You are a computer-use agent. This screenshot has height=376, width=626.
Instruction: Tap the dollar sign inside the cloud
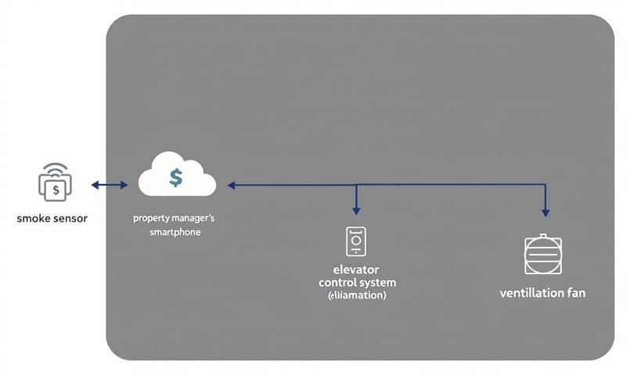(176, 178)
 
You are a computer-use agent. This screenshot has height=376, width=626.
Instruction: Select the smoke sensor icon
(55, 185)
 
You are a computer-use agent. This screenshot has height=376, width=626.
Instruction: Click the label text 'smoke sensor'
(52, 219)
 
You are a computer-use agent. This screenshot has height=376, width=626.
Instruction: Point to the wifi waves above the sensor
(56, 168)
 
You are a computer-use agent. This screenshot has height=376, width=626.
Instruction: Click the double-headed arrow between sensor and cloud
(110, 185)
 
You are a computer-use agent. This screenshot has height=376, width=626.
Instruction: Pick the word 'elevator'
(357, 269)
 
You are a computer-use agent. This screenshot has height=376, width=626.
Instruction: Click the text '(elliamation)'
(357, 296)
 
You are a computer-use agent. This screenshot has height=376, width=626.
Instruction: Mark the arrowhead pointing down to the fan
(545, 211)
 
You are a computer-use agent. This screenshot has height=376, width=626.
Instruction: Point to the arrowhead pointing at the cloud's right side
(232, 186)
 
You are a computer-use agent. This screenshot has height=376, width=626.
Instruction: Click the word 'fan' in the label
(574, 293)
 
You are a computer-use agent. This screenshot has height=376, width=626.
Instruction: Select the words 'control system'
(358, 282)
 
